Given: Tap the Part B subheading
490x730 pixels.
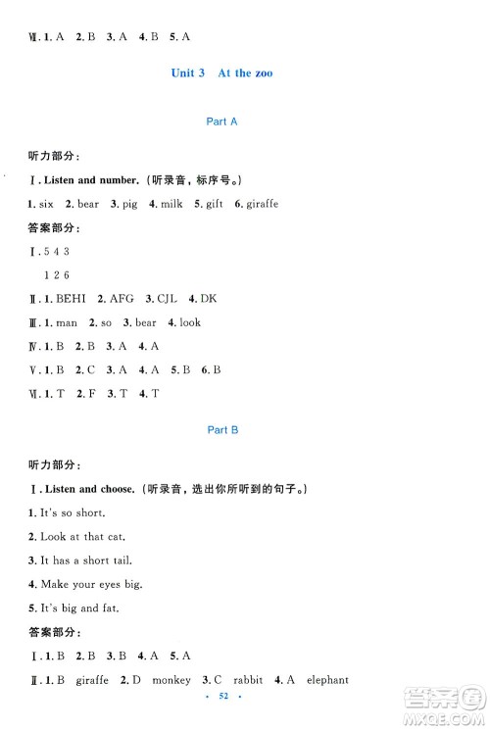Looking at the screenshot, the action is [x=218, y=430].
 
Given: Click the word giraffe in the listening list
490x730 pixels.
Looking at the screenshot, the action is [x=262, y=203].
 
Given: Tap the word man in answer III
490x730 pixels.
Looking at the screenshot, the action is [x=67, y=322].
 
